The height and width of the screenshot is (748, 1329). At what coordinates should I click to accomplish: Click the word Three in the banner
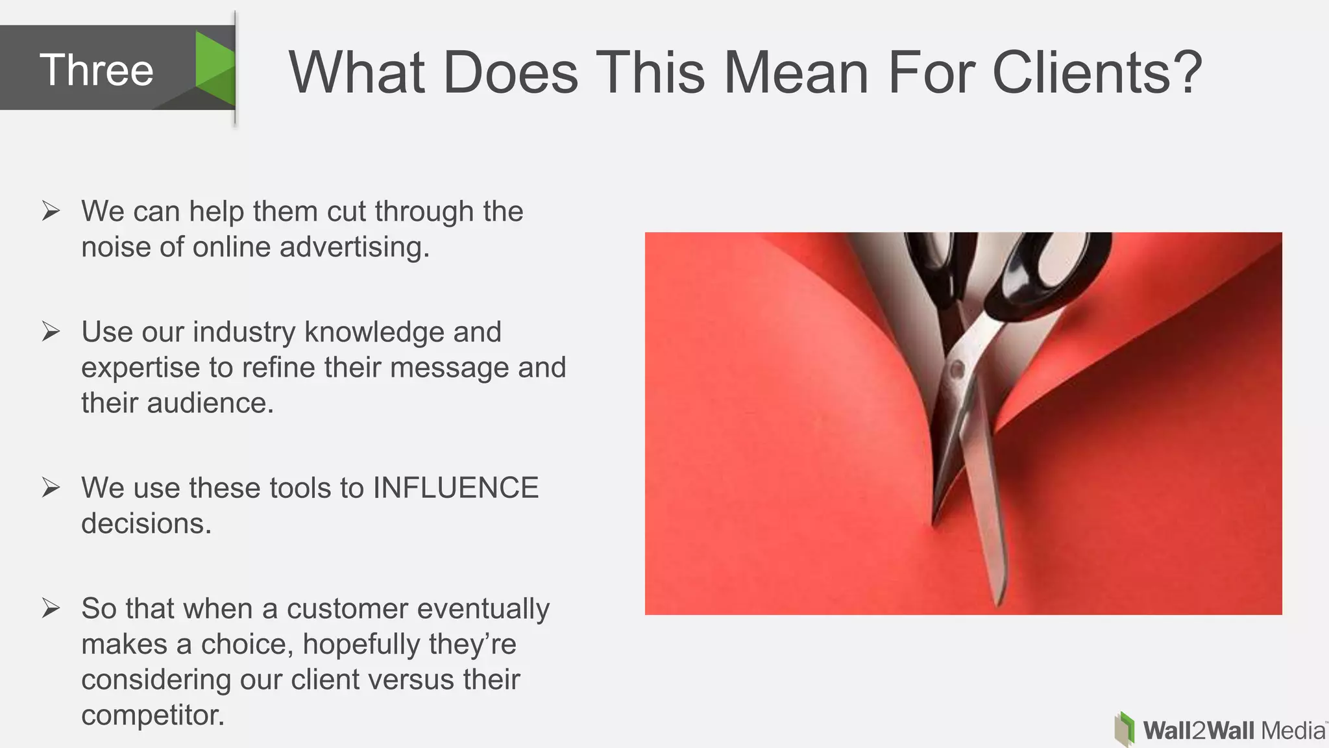coord(97,70)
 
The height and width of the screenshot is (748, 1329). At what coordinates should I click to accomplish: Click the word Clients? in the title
coord(1097,73)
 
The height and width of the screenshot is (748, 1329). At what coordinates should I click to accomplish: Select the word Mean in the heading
coord(796,73)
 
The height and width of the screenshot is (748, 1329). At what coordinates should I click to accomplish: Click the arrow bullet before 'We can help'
coord(51,211)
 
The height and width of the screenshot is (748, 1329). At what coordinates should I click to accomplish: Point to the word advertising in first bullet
coord(354,247)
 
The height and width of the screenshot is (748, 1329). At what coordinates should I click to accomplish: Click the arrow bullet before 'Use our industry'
coord(51,332)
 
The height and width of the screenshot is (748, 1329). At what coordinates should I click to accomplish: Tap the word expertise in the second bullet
coord(140,368)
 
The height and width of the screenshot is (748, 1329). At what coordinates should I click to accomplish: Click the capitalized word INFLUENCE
coord(456,488)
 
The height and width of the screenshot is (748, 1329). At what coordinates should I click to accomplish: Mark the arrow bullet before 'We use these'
coord(51,488)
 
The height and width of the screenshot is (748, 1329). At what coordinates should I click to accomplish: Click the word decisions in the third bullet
coord(145,524)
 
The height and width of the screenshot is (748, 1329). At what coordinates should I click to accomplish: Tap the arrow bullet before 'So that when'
coord(51,608)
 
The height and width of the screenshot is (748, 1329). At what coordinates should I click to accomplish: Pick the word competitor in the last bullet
coord(152,716)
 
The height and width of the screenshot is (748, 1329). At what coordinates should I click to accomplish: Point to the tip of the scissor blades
coord(1000,601)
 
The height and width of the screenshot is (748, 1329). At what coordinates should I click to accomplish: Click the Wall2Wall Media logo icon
coord(1125,729)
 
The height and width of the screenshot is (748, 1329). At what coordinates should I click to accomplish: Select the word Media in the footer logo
coord(1293,731)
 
